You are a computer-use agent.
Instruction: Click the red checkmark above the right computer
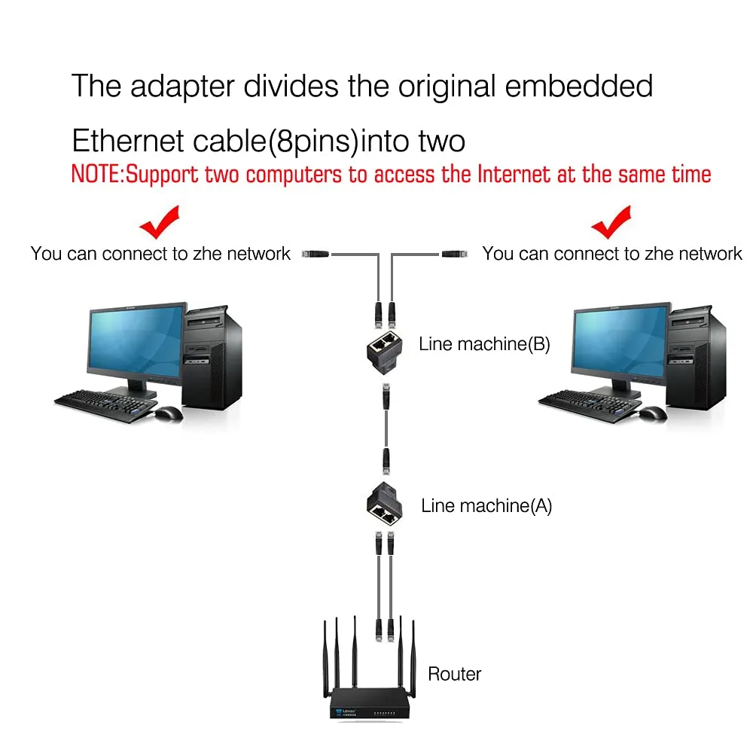click(x=611, y=222)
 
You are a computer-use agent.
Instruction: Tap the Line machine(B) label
click(x=484, y=344)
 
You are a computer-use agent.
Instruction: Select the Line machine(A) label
click(x=486, y=506)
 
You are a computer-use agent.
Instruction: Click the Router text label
click(x=454, y=674)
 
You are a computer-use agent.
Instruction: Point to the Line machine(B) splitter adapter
click(x=384, y=351)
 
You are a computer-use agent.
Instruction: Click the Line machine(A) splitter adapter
click(x=384, y=503)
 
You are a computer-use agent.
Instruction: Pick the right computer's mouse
click(x=653, y=413)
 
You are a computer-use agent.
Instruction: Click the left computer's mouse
click(x=169, y=413)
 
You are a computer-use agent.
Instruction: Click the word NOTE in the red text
click(x=96, y=175)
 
